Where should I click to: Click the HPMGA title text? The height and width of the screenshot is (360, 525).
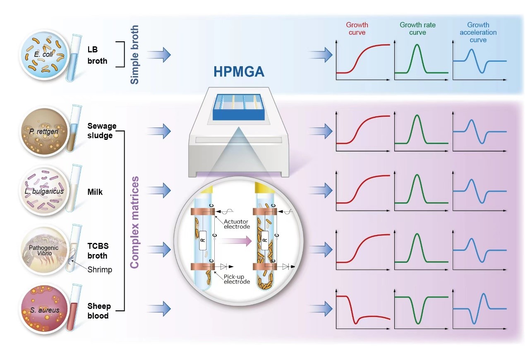coord(239,72)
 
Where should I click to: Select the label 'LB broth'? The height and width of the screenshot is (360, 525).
coord(97,55)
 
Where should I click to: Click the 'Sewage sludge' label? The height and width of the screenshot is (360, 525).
coord(102,130)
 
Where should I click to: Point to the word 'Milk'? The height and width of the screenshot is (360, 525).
coord(95,192)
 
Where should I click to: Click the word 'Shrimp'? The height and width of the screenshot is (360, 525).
coord(100,269)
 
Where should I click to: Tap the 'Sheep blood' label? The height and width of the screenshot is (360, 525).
coord(99,311)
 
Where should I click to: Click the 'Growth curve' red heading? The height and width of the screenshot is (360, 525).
coord(357,29)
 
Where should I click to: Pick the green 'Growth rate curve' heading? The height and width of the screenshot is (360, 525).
coord(417,29)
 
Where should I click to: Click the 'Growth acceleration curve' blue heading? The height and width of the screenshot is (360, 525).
coord(478,32)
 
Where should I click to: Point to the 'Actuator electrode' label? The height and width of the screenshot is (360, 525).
coord(237,224)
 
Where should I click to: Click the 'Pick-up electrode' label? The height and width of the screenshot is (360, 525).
coord(237,278)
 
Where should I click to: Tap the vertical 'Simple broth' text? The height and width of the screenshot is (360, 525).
coord(134,54)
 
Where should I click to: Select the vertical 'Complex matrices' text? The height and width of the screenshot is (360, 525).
coord(134,222)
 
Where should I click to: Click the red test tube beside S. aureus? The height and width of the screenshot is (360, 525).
coord(74,307)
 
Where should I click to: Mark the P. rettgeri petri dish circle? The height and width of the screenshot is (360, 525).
coord(43,131)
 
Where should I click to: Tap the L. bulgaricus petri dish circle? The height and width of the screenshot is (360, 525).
coord(43,191)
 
